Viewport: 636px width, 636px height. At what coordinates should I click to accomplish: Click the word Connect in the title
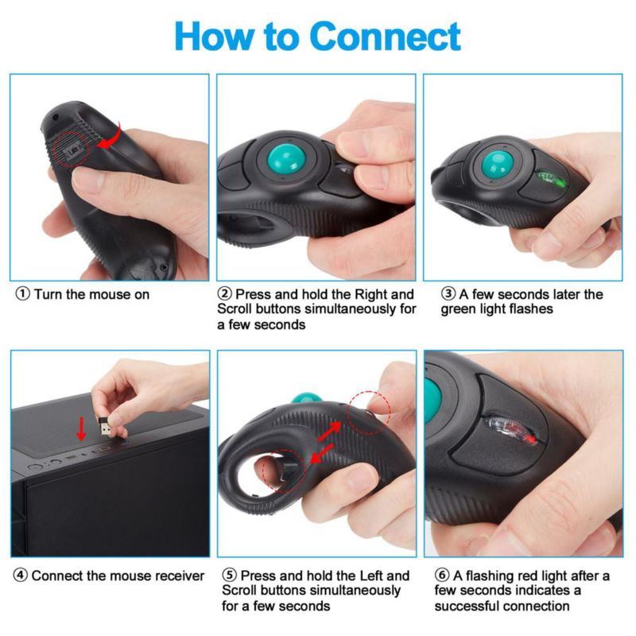tap(385, 37)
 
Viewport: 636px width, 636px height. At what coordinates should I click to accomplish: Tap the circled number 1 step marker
tap(23, 293)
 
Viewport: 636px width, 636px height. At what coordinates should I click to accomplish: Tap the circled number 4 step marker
tap(21, 575)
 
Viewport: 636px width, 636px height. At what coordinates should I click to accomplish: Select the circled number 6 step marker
tap(442, 575)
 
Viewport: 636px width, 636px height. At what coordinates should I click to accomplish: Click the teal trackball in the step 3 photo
tap(498, 164)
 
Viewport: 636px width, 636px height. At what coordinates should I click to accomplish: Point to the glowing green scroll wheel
tap(550, 178)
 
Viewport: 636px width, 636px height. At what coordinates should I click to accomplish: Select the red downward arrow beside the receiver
tap(82, 429)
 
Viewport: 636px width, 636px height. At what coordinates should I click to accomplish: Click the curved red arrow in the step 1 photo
tap(111, 136)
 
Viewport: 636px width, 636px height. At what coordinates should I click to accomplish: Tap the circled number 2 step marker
tap(225, 293)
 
